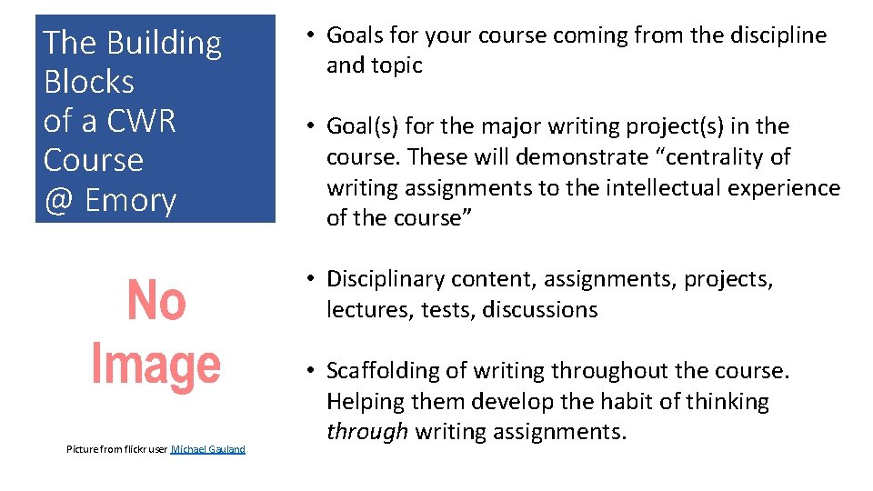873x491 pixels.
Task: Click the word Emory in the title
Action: pos(131,200)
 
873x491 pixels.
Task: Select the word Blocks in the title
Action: pos(89,82)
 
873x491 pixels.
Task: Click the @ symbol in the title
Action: pos(59,200)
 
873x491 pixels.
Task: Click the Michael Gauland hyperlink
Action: pos(208,449)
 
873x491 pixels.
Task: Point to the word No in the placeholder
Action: pos(156,302)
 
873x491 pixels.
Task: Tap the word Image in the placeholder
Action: pos(156,364)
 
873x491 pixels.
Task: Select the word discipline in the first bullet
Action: pos(779,35)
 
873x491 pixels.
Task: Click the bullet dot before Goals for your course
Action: pos(310,35)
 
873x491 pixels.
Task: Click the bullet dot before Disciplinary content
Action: pos(310,279)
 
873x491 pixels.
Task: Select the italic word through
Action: pos(366,432)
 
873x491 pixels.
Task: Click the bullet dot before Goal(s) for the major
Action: pos(310,126)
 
